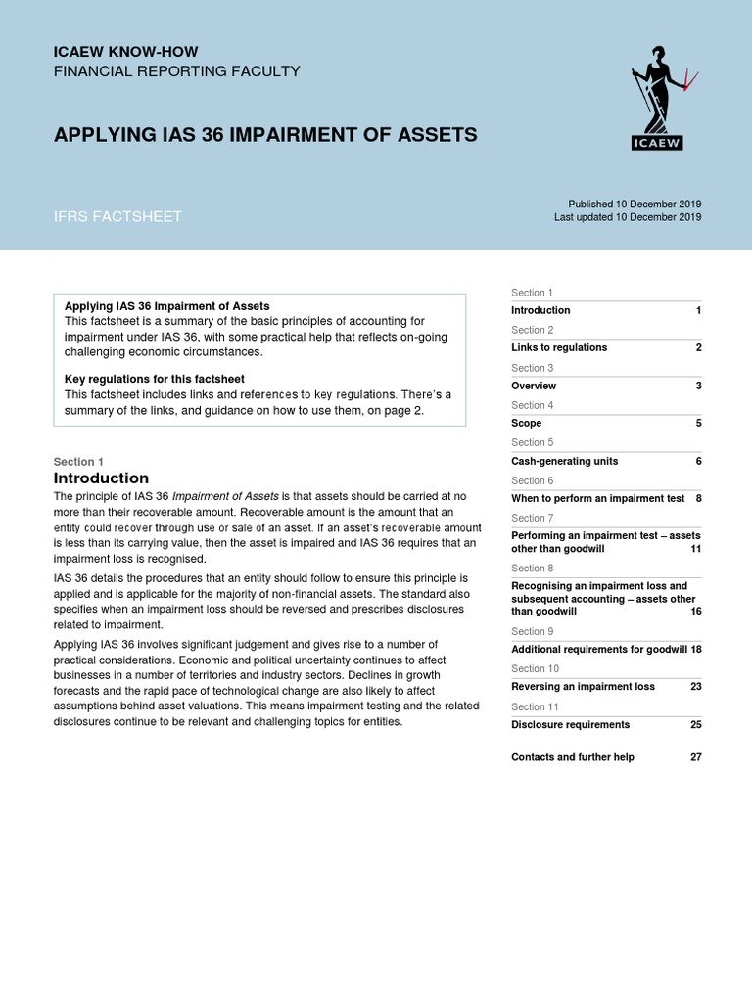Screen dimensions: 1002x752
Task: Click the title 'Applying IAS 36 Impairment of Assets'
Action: point(265,134)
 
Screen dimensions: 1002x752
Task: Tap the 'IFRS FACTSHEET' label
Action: point(117,216)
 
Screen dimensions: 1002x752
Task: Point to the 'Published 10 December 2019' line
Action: point(628,204)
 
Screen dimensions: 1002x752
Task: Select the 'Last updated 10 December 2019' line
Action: point(628,217)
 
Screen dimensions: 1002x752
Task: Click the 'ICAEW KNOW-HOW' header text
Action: point(125,50)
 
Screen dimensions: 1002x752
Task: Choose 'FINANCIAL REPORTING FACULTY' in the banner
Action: point(176,71)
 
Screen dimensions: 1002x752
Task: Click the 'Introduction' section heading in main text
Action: point(101,478)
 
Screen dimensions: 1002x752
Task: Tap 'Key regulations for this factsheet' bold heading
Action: point(154,379)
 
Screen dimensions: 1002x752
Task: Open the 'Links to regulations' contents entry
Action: point(559,347)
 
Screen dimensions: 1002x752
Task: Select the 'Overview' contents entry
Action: point(534,386)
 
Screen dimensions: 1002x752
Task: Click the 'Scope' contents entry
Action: point(526,424)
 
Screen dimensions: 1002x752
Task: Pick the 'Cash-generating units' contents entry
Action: point(564,461)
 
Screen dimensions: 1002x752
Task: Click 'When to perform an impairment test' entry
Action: point(597,498)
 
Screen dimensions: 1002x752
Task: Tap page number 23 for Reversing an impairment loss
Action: point(695,687)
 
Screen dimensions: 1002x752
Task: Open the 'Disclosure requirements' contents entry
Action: point(570,725)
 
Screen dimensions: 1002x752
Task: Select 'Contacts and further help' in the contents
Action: point(573,757)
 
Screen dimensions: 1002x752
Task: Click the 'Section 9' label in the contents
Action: point(532,631)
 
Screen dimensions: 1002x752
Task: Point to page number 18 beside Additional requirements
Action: point(695,649)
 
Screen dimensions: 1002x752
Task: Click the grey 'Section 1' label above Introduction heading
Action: point(78,462)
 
